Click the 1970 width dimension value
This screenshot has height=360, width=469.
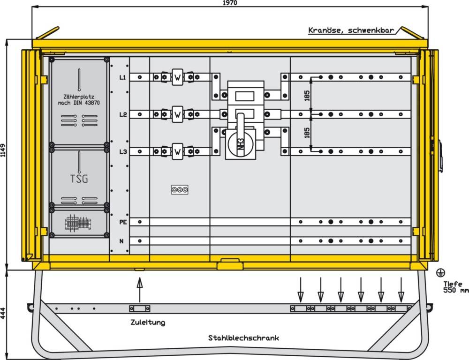pyautogui.click(x=230, y=3)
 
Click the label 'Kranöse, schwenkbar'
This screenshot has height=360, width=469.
pyautogui.click(x=350, y=30)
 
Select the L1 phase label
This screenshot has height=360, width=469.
pyautogui.click(x=122, y=77)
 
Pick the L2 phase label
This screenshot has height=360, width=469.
pyautogui.click(x=122, y=114)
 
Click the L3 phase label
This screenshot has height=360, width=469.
pyautogui.click(x=122, y=151)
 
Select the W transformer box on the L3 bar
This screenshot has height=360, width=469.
pyautogui.click(x=177, y=151)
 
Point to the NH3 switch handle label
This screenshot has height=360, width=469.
pyautogui.click(x=239, y=143)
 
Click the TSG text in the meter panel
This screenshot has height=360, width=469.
pyautogui.click(x=79, y=179)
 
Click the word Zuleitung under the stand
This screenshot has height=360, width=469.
pyautogui.click(x=148, y=322)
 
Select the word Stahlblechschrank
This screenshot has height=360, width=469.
pyautogui.click(x=243, y=337)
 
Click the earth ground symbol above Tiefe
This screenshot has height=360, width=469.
pyautogui.click(x=440, y=272)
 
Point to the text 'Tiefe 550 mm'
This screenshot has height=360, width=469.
pyautogui.click(x=454, y=287)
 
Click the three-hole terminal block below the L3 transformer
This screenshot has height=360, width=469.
pyautogui.click(x=180, y=190)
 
